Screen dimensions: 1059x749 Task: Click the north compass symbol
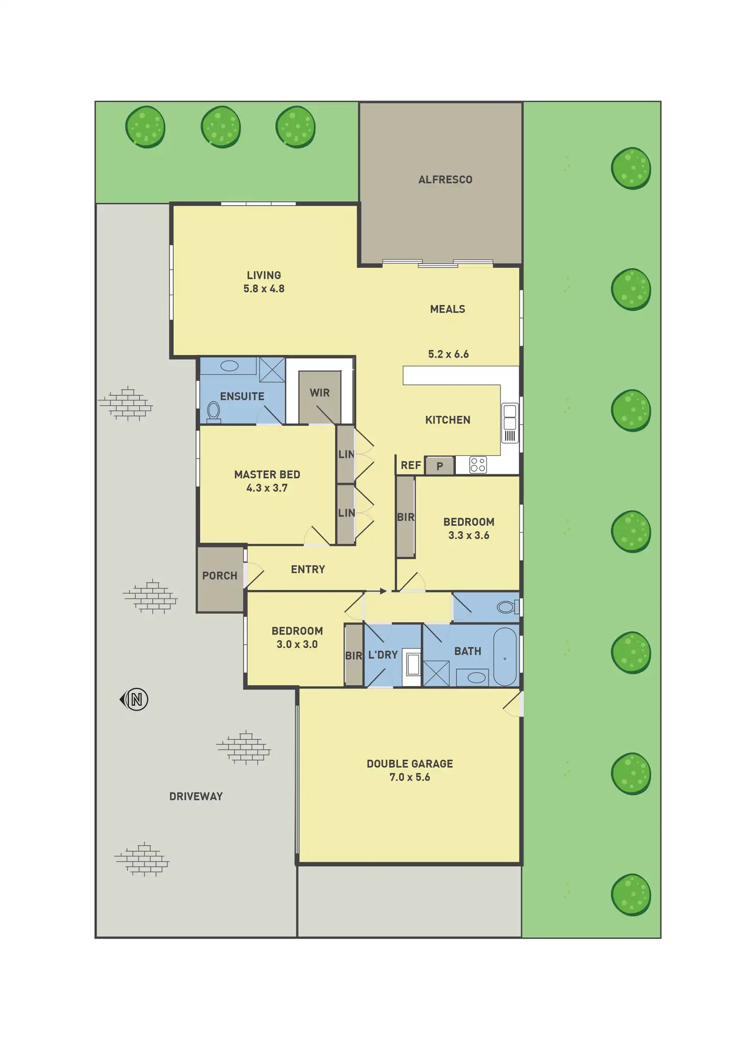click(x=135, y=699)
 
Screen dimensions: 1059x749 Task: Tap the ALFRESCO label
click(x=445, y=180)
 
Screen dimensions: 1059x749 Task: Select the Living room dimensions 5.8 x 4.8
click(x=264, y=289)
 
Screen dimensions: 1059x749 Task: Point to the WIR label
click(x=320, y=393)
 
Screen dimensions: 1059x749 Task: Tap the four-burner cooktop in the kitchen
click(x=478, y=465)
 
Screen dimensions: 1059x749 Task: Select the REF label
click(x=411, y=465)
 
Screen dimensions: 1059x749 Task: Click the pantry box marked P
click(x=440, y=466)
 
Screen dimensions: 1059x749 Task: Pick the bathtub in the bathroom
click(x=505, y=656)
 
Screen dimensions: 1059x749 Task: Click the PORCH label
click(x=220, y=576)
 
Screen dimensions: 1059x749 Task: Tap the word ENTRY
click(x=308, y=569)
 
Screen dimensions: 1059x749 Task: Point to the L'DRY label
click(x=383, y=655)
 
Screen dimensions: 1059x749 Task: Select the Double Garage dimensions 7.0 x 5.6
click(x=410, y=777)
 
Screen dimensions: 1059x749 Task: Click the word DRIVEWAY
click(x=196, y=796)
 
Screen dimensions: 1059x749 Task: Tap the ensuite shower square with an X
click(x=272, y=369)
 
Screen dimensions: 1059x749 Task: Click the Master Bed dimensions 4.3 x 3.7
click(x=267, y=488)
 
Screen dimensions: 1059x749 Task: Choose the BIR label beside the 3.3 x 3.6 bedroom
click(x=406, y=517)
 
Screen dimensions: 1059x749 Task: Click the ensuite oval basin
click(x=229, y=366)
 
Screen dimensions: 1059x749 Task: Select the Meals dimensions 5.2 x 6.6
click(x=448, y=354)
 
